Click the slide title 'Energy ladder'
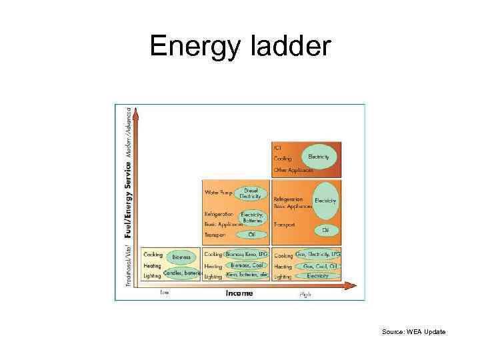(x=240, y=46)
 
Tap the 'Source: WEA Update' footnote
(x=413, y=331)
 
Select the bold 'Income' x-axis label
(x=239, y=293)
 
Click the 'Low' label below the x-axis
(x=165, y=291)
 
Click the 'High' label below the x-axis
(x=305, y=293)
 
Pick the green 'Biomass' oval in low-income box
(x=181, y=257)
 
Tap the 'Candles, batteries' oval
(x=182, y=273)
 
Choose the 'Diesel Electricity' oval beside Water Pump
(x=251, y=193)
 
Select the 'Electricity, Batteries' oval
(x=252, y=217)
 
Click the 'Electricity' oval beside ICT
(x=318, y=157)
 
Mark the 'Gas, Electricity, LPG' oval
(x=318, y=255)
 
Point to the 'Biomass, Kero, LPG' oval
(x=245, y=255)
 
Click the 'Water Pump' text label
(x=218, y=193)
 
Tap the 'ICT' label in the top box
(x=277, y=147)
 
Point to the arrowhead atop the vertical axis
(x=137, y=115)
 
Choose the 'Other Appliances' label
(x=293, y=170)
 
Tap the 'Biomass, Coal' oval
(x=247, y=265)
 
